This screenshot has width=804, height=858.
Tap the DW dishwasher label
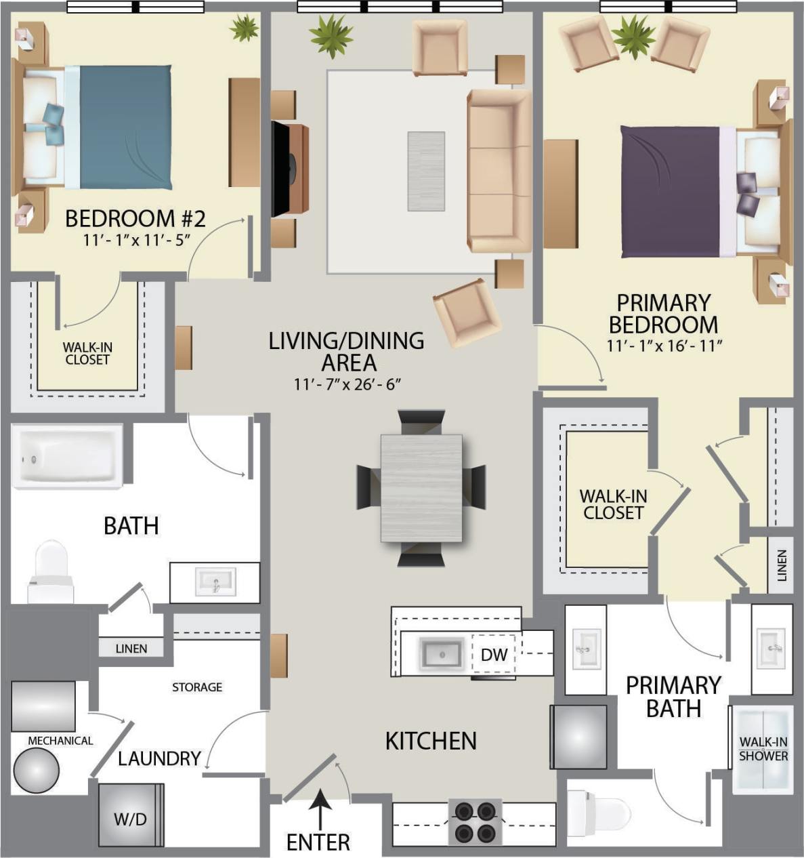coord(494,655)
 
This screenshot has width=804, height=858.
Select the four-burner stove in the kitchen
coord(475,821)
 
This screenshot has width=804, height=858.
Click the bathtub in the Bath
coord(67,456)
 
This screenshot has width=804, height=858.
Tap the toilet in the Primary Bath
coord(600,812)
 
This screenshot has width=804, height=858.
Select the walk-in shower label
coord(763,749)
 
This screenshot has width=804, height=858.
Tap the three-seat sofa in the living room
coord(499,171)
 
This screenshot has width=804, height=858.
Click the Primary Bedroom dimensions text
coord(664,346)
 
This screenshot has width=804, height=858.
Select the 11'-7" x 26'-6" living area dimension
coord(347,384)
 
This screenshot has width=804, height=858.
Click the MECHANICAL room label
coord(60,741)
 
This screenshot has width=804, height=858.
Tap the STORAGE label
coord(196,687)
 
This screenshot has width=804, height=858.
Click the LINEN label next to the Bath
coord(131,649)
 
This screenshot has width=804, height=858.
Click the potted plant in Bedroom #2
coord(244,28)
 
